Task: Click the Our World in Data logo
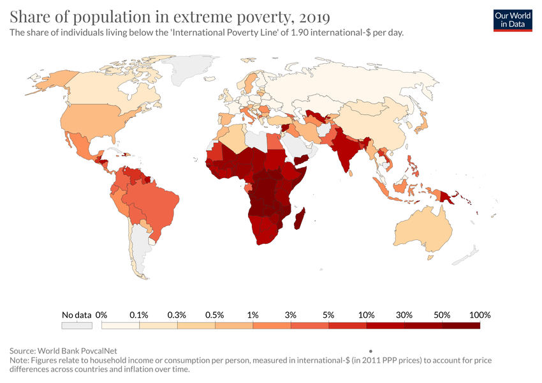513,20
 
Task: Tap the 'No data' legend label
76,315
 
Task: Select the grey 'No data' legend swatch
76,326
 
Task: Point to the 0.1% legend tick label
138,315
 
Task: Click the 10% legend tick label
366,315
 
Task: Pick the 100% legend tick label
480,315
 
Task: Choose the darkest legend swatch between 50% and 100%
460,326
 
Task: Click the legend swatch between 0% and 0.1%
121,326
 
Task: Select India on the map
345,150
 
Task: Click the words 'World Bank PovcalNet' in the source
80,350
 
